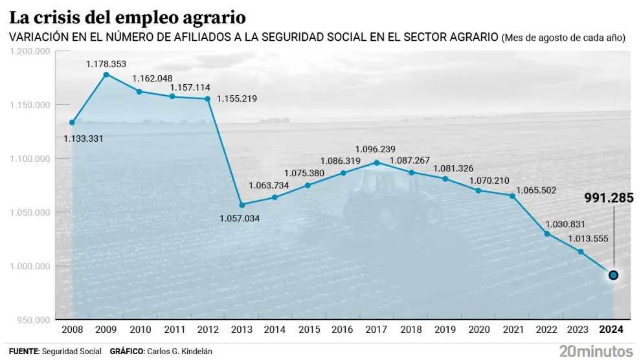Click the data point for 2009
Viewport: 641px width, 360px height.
click(106, 74)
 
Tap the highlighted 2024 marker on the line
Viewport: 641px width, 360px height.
click(613, 275)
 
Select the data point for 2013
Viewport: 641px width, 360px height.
click(242, 205)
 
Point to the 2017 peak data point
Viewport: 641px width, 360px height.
click(377, 163)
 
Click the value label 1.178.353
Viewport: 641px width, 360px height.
click(106, 64)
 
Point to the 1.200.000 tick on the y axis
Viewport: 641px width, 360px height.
click(31, 51)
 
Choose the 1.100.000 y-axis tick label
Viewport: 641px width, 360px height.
click(31, 159)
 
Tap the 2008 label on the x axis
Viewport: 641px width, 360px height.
click(73, 330)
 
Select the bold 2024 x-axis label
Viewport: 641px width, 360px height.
click(611, 330)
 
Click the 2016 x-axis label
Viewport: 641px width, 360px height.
click(342, 330)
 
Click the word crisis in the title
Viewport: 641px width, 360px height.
click(61, 15)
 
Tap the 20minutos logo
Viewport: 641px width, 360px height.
click(596, 351)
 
